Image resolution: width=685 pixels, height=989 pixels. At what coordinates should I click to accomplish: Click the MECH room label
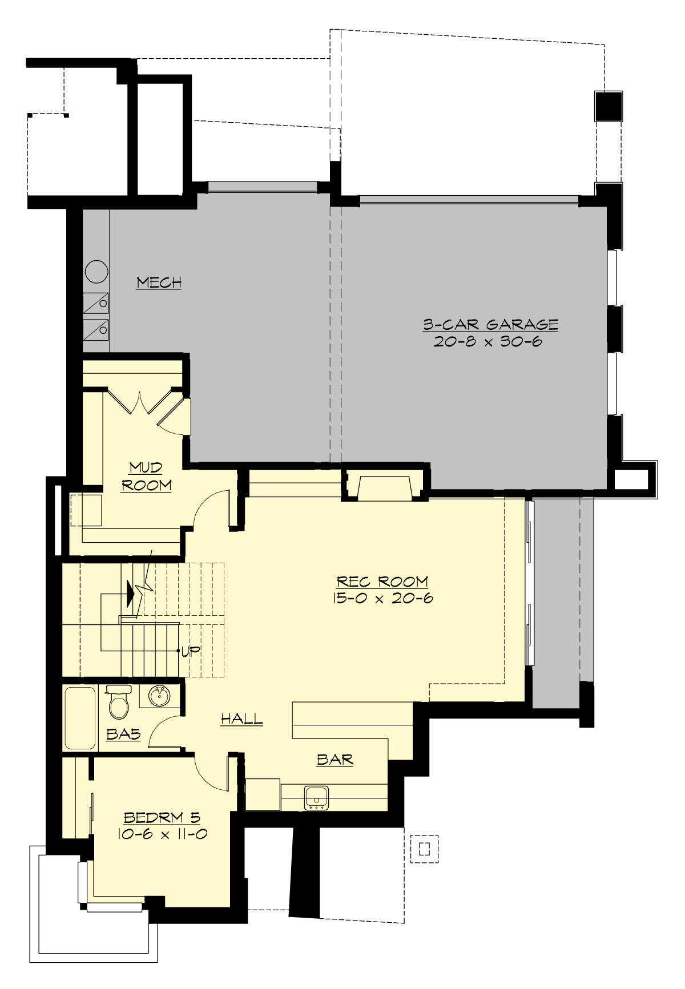(x=159, y=282)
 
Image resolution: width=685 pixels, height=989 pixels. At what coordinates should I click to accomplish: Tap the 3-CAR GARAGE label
(x=490, y=324)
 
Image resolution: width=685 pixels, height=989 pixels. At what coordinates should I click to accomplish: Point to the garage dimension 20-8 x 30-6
(x=487, y=342)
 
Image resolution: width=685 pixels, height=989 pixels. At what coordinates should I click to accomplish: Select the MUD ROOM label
(x=146, y=476)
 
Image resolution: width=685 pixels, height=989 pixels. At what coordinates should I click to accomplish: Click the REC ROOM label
(x=382, y=581)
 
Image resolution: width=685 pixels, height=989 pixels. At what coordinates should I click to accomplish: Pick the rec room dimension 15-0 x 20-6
(x=382, y=598)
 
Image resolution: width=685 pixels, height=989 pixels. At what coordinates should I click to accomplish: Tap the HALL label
(x=241, y=718)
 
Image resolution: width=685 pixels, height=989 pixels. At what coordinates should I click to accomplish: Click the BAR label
(x=335, y=759)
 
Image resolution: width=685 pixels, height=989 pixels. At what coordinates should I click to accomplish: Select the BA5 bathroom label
(x=123, y=734)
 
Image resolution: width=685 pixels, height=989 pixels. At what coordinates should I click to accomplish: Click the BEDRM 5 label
(x=162, y=817)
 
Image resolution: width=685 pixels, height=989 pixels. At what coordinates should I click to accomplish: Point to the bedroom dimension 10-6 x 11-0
(x=162, y=834)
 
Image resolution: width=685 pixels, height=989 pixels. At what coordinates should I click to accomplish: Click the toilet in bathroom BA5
(x=119, y=703)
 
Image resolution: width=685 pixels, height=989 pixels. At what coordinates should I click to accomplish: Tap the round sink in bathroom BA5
(x=159, y=696)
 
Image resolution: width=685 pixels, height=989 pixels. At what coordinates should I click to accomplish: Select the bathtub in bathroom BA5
(x=80, y=718)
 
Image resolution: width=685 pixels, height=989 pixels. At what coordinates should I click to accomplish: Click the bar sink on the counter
(x=316, y=797)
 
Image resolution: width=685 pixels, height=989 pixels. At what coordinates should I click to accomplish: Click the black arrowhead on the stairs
(x=131, y=594)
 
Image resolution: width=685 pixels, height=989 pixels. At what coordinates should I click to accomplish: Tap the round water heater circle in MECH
(x=96, y=272)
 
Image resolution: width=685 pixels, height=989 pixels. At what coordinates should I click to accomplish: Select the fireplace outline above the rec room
(x=384, y=487)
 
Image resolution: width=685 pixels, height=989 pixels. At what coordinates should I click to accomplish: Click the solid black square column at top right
(x=609, y=106)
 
